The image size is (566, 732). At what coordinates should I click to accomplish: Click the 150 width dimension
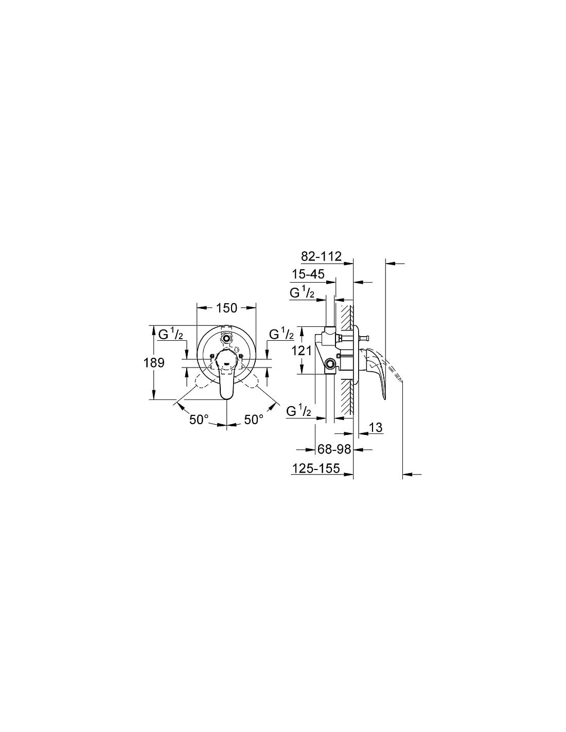click(226, 308)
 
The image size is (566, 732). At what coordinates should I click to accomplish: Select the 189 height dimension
click(154, 362)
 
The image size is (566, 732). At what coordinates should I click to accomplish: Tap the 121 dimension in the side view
click(302, 351)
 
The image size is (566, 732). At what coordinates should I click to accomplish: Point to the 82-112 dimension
click(321, 257)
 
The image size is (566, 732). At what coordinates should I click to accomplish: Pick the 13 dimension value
click(376, 427)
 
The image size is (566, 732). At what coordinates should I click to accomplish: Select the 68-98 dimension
click(334, 449)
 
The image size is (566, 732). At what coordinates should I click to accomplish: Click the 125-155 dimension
click(316, 468)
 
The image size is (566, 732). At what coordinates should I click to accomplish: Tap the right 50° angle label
click(253, 420)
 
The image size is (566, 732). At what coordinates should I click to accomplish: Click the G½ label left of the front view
click(171, 334)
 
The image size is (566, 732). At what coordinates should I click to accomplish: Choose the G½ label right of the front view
click(281, 334)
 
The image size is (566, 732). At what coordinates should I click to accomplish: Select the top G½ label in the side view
click(303, 293)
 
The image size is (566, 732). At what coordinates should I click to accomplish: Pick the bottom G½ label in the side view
click(298, 411)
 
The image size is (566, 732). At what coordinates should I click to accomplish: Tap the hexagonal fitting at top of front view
click(226, 337)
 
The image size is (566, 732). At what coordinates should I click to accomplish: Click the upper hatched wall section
click(346, 317)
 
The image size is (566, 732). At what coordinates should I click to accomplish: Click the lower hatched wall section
click(346, 396)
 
